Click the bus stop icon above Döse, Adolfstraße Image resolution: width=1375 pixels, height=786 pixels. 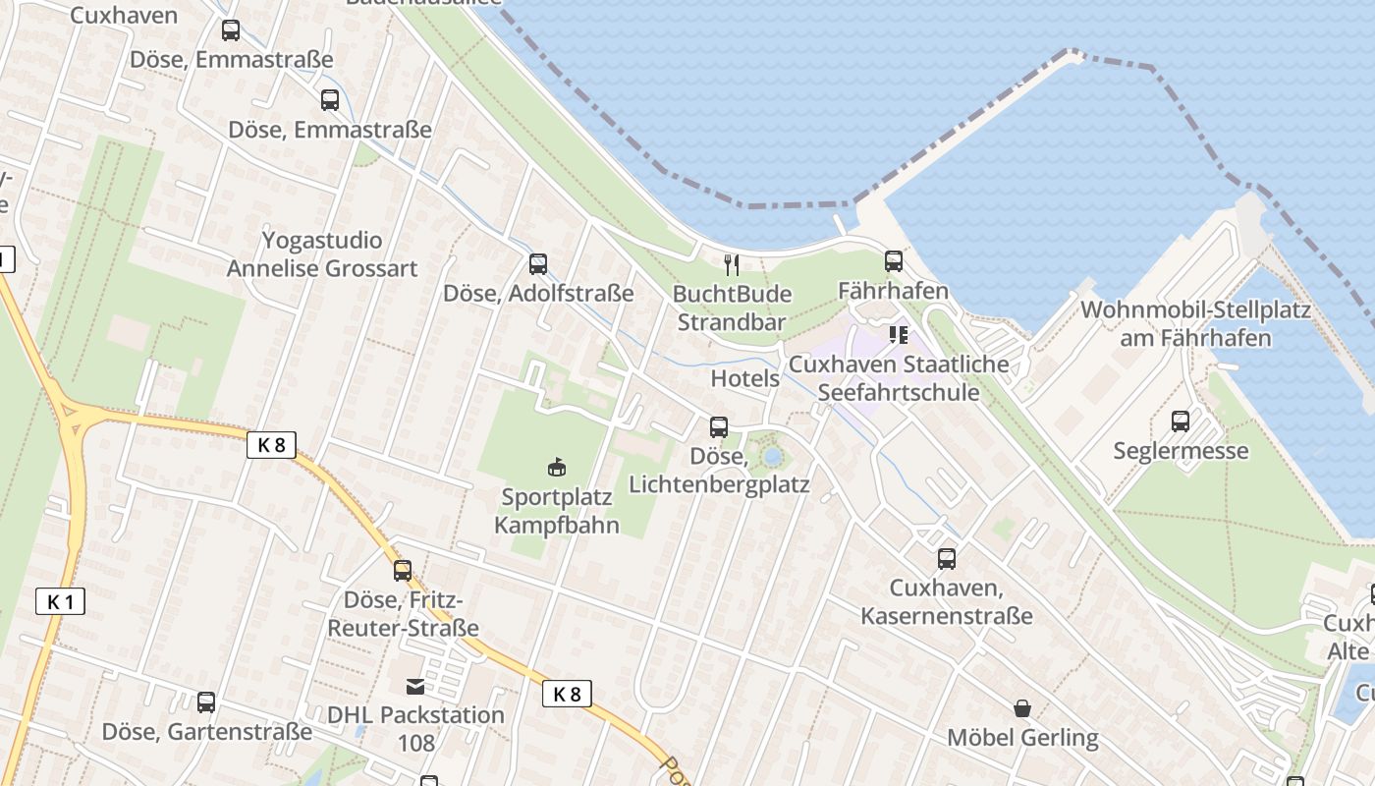[538, 263]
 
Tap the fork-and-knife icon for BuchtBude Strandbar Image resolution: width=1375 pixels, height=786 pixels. [731, 264]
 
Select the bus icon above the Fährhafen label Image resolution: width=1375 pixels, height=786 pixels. [893, 261]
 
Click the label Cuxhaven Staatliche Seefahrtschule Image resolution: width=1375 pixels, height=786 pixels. [899, 378]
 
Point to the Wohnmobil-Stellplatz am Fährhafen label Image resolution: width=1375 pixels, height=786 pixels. [1195, 324]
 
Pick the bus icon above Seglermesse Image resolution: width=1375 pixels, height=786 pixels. [1181, 421]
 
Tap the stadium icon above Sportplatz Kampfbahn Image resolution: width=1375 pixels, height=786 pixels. [556, 466]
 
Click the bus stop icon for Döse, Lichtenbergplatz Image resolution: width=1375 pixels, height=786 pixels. [719, 426]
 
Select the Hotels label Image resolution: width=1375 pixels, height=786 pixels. [744, 378]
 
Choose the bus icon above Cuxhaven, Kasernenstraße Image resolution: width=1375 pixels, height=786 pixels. [946, 558]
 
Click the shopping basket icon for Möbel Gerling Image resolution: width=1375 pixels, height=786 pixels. [1022, 708]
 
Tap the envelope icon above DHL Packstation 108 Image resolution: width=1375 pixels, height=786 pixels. [416, 686]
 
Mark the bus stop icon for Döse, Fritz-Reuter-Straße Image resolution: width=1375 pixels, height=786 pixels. [403, 570]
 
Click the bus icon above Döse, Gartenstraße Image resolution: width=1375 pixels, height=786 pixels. [205, 702]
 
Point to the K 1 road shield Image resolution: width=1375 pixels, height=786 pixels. [60, 601]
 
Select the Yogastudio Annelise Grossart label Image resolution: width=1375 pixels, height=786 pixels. [322, 254]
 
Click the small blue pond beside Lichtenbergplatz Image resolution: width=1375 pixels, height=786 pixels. [772, 456]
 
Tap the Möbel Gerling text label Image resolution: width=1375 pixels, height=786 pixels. [1022, 737]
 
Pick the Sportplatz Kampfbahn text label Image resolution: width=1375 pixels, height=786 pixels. [556, 510]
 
